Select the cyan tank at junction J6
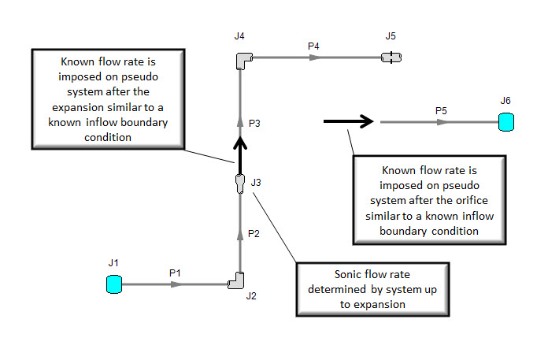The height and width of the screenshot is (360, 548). pyautogui.click(x=505, y=122)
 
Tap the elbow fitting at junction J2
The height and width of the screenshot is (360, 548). pyautogui.click(x=236, y=281)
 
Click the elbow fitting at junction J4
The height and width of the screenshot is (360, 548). pyautogui.click(x=243, y=59)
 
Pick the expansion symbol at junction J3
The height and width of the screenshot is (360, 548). pyautogui.click(x=240, y=184)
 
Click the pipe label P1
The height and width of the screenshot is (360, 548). pyautogui.click(x=176, y=273)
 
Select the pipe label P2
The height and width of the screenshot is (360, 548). pyautogui.click(x=254, y=234)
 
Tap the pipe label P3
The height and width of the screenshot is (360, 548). pyautogui.click(x=254, y=123)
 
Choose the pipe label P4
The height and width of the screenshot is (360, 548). pyautogui.click(x=313, y=46)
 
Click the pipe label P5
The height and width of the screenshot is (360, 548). pyautogui.click(x=442, y=112)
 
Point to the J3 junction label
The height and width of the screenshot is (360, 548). pyautogui.click(x=256, y=183)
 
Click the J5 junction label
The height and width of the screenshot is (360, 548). pyautogui.click(x=391, y=36)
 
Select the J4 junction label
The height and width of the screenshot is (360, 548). pyautogui.click(x=239, y=36)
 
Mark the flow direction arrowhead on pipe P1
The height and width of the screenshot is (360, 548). pyautogui.click(x=176, y=284)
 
